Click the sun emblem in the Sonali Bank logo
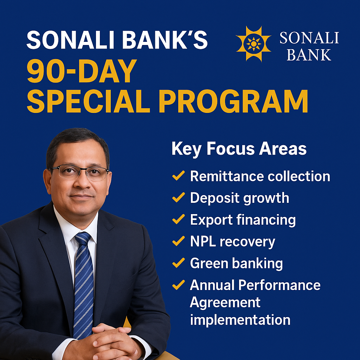tap(253, 44)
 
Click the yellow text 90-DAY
tap(82, 71)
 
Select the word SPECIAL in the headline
tap(88, 101)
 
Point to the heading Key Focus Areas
tap(239, 149)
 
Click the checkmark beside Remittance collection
tap(178, 176)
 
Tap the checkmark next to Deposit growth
tap(178, 198)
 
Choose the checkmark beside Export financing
tap(178, 219)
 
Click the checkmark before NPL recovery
tap(178, 241)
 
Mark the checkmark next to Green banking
tap(178, 263)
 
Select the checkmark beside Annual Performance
tap(178, 285)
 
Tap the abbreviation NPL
tap(203, 242)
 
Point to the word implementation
tap(240, 320)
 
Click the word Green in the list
tap(209, 263)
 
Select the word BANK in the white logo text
tap(309, 55)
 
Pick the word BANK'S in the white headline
tap(165, 40)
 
